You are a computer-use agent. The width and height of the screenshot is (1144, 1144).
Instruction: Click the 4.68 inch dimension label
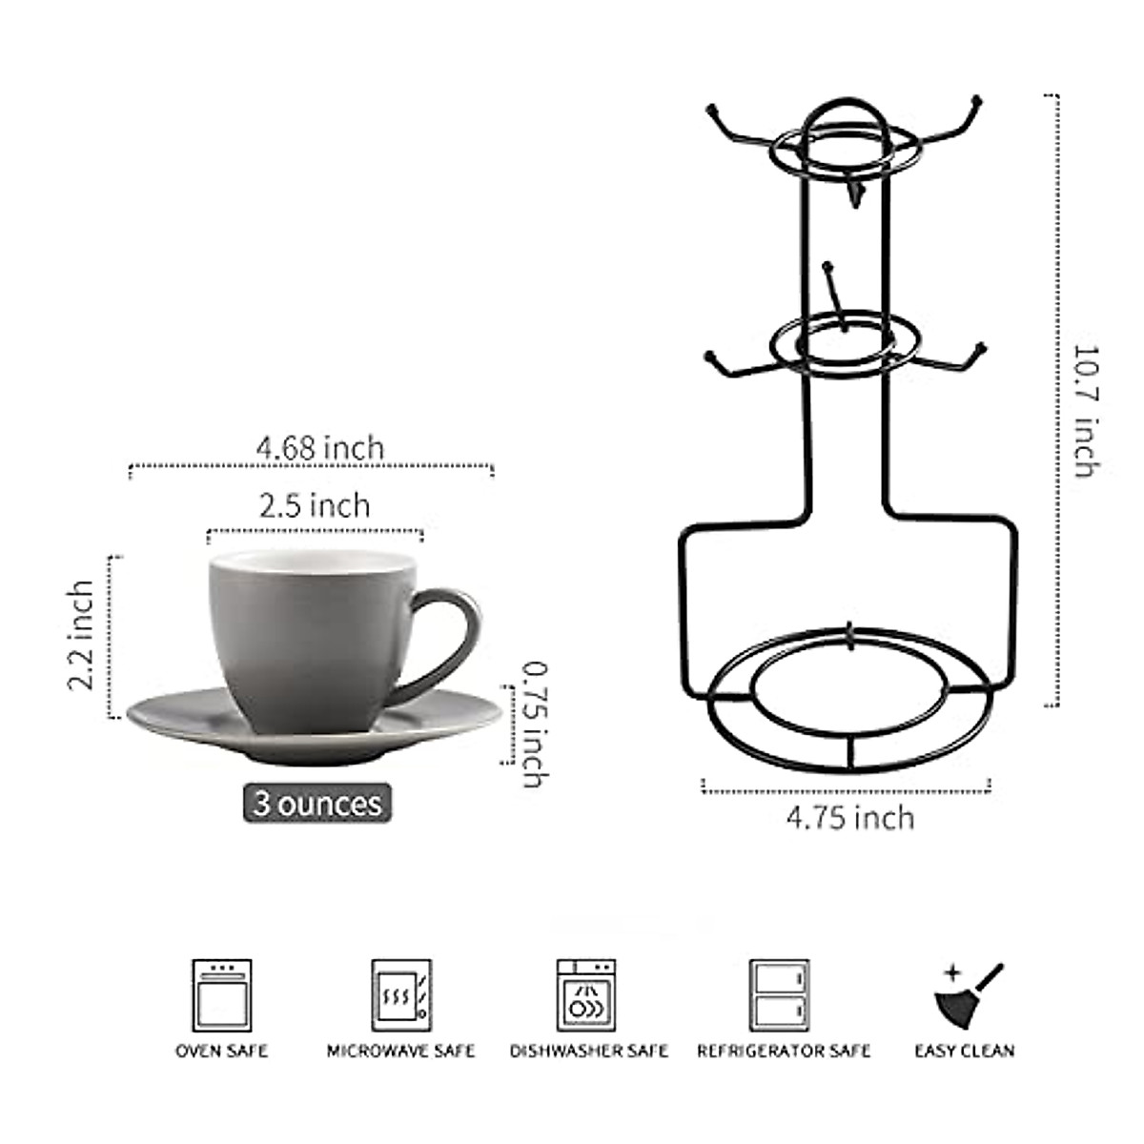point(319,447)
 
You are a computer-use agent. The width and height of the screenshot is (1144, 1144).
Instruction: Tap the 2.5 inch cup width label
point(315,504)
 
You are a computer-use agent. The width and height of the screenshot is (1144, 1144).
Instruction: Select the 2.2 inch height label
point(81,635)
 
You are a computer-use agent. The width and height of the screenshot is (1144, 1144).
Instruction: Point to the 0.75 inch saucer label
point(535,725)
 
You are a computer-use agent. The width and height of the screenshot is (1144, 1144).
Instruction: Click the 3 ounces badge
point(317,803)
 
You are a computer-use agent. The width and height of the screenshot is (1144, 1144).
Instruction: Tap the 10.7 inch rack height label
point(1086,410)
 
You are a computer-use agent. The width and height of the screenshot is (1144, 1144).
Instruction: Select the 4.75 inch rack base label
point(849,817)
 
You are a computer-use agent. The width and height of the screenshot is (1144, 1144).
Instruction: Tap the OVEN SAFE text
point(222,1051)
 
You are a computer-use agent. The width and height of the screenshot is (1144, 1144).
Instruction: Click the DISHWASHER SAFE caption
point(589,1051)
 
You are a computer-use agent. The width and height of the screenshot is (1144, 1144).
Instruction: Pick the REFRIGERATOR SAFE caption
point(784,1051)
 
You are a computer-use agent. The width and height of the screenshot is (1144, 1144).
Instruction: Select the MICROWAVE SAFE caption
point(400,1051)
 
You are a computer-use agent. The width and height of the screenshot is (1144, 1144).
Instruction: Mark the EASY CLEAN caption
point(965,1051)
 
